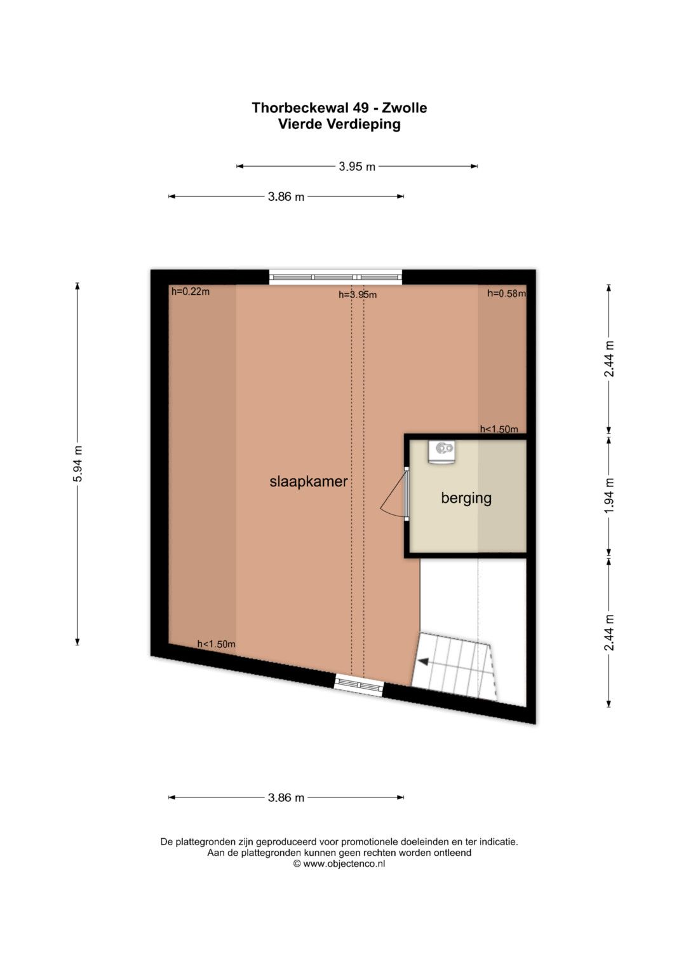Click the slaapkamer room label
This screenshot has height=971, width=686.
point(308,481)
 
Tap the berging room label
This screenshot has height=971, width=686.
point(466,498)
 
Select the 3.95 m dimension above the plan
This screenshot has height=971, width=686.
point(357,167)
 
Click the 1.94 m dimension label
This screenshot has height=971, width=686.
point(609,495)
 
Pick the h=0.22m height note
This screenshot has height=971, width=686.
point(191,292)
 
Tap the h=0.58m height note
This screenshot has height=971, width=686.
point(506,294)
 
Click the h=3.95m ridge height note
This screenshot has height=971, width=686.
point(357,295)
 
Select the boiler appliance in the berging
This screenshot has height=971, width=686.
point(441,452)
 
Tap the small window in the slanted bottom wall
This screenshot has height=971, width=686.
point(359,685)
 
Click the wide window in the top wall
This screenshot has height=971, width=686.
point(335,277)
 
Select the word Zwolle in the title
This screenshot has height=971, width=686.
point(403,107)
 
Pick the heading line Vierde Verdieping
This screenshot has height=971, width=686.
point(339,125)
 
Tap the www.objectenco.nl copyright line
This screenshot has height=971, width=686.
point(339,864)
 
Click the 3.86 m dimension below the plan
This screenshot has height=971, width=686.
point(286,797)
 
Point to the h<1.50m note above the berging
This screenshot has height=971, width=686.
point(499,429)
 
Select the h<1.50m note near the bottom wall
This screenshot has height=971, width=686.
point(216,644)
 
